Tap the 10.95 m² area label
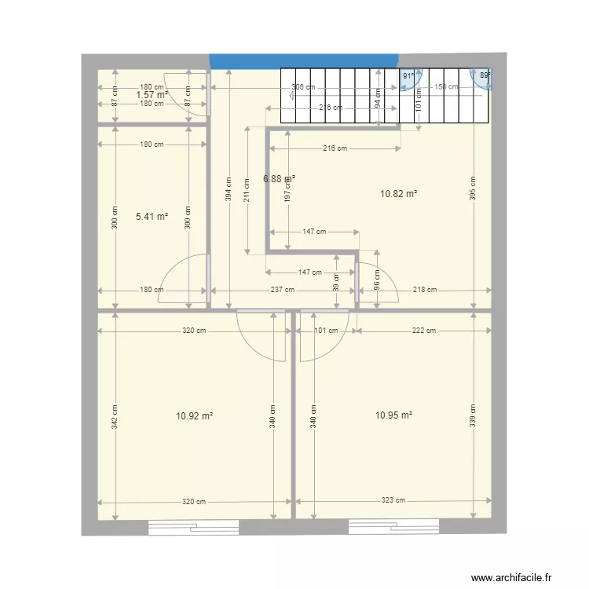[395, 415]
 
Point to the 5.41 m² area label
[152, 216]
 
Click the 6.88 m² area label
[279, 178]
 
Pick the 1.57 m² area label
[152, 95]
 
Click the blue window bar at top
[303, 60]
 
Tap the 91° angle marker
[408, 76]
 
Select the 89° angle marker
[485, 75]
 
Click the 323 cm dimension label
[394, 500]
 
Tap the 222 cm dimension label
[424, 331]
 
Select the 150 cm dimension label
[446, 87]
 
